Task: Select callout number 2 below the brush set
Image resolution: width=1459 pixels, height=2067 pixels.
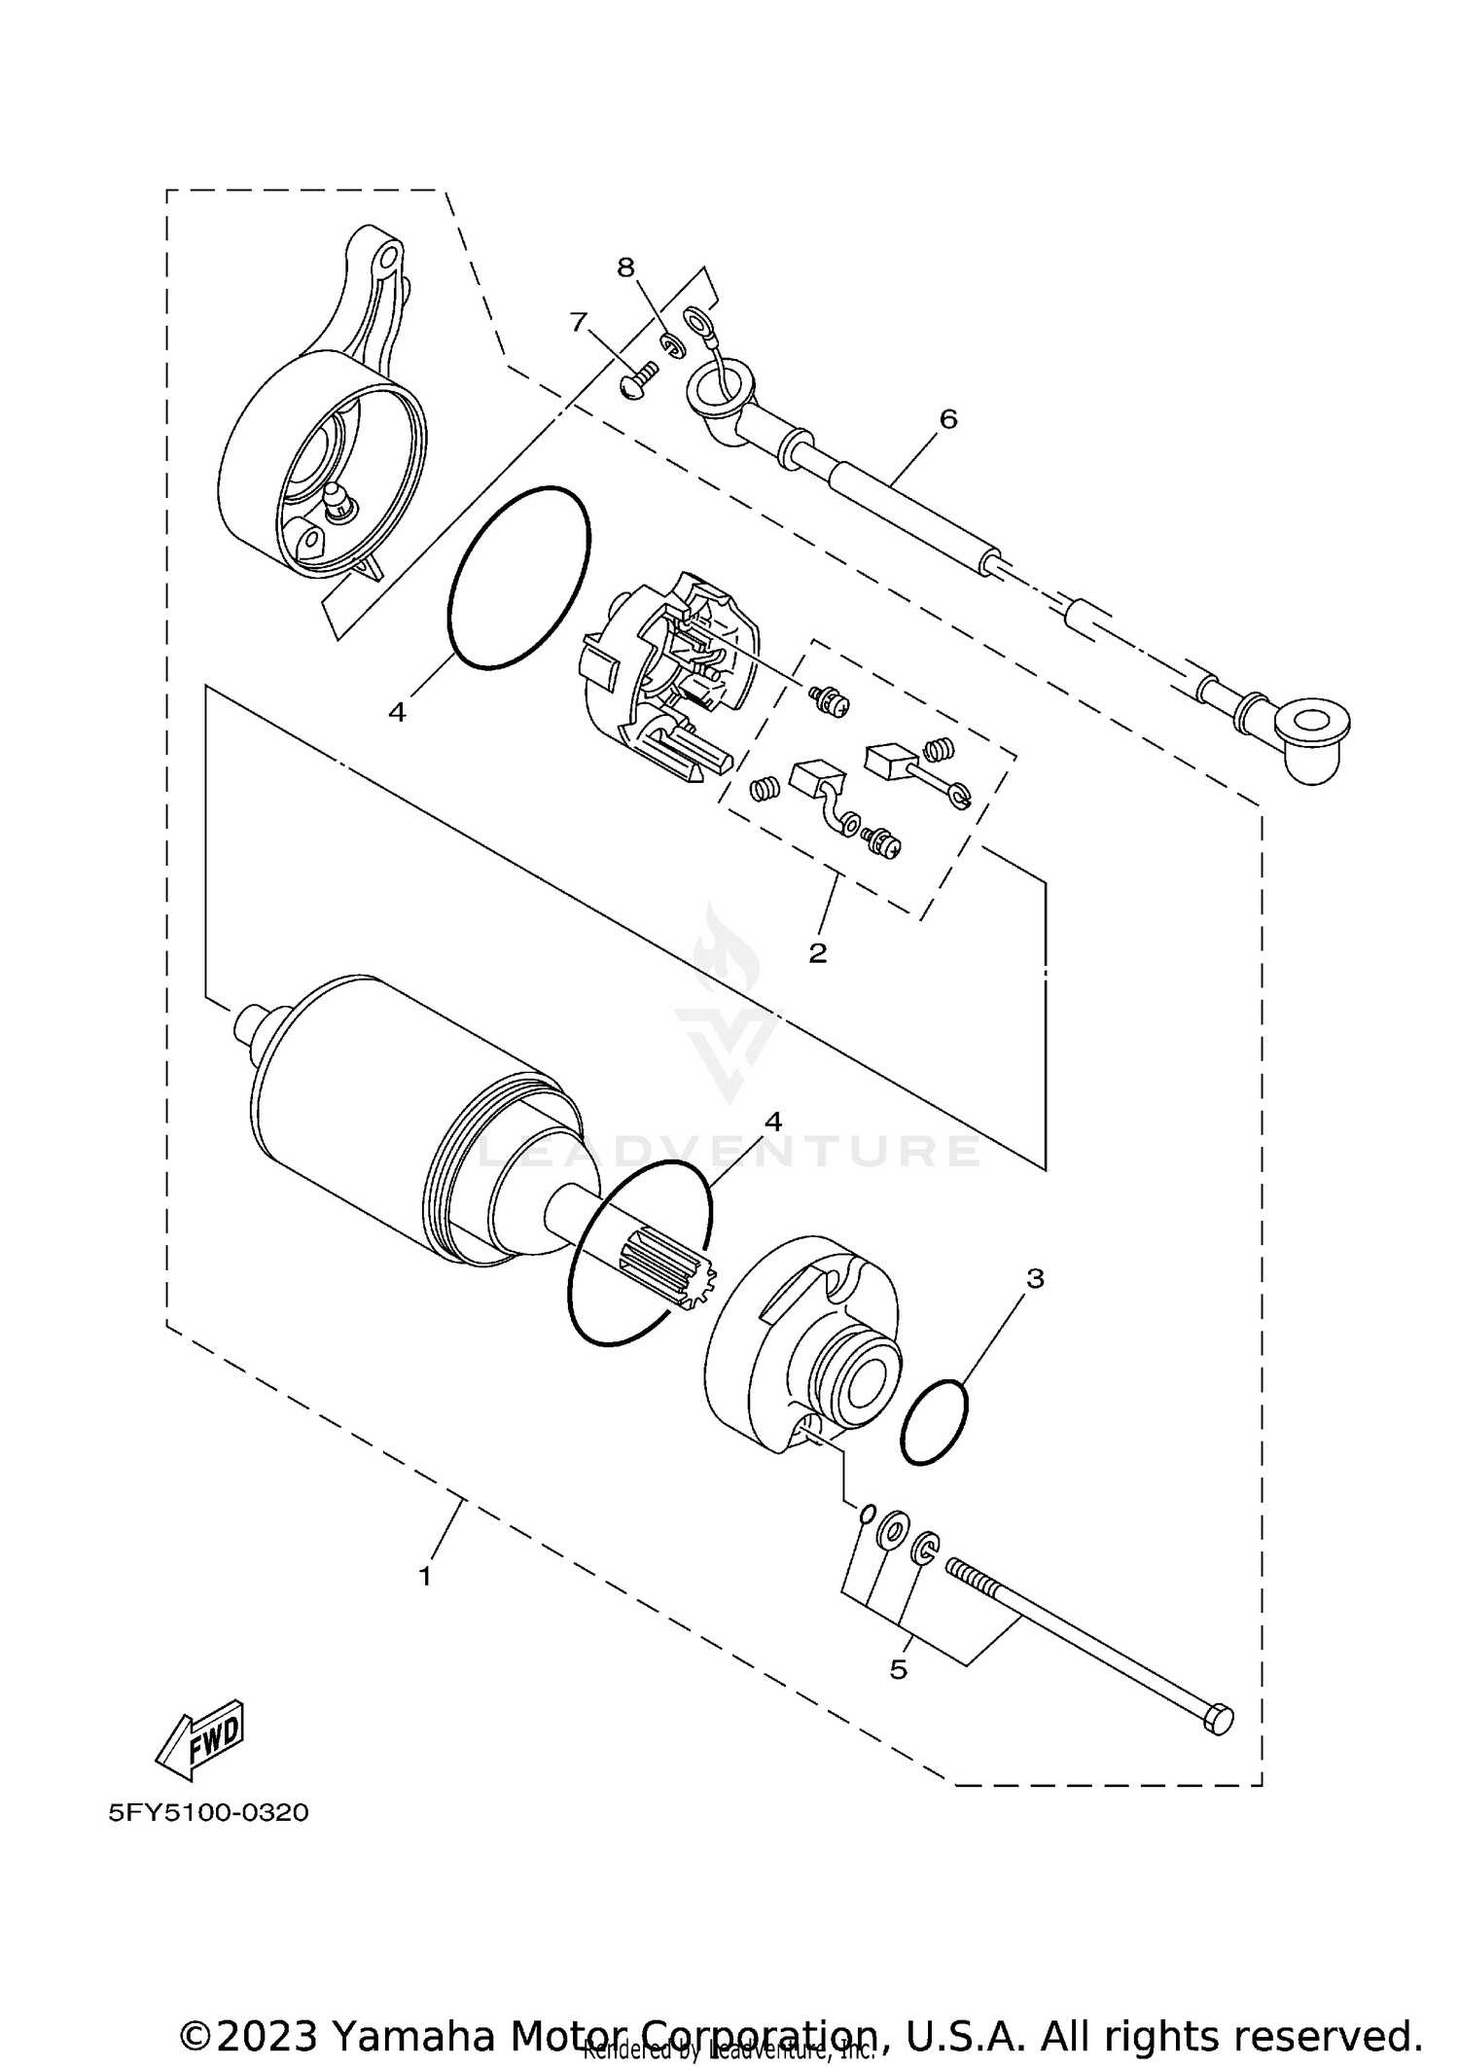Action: [x=817, y=952]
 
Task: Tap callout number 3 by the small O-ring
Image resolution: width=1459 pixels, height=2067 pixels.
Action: [x=1035, y=1278]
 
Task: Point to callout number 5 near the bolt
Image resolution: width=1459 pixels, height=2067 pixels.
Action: [x=898, y=1669]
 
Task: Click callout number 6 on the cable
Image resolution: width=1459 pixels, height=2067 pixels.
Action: [x=948, y=419]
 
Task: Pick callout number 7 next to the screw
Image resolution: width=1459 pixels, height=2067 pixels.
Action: [x=579, y=321]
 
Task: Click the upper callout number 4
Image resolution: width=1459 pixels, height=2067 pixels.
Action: [x=396, y=712]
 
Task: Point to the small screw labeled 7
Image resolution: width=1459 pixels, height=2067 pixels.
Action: [x=638, y=378]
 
